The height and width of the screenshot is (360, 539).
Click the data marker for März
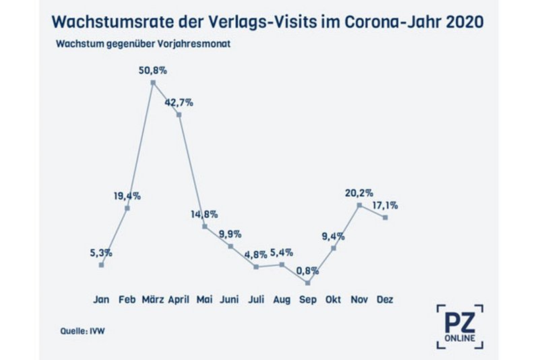click(x=153, y=83)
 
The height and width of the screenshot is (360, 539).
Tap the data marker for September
click(x=307, y=282)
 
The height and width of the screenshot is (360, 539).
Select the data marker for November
click(x=359, y=205)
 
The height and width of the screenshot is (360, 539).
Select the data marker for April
click(x=179, y=115)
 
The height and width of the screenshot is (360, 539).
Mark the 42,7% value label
click(x=179, y=102)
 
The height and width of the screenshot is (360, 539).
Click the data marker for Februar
click(x=127, y=208)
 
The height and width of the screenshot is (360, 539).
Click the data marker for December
click(x=385, y=217)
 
